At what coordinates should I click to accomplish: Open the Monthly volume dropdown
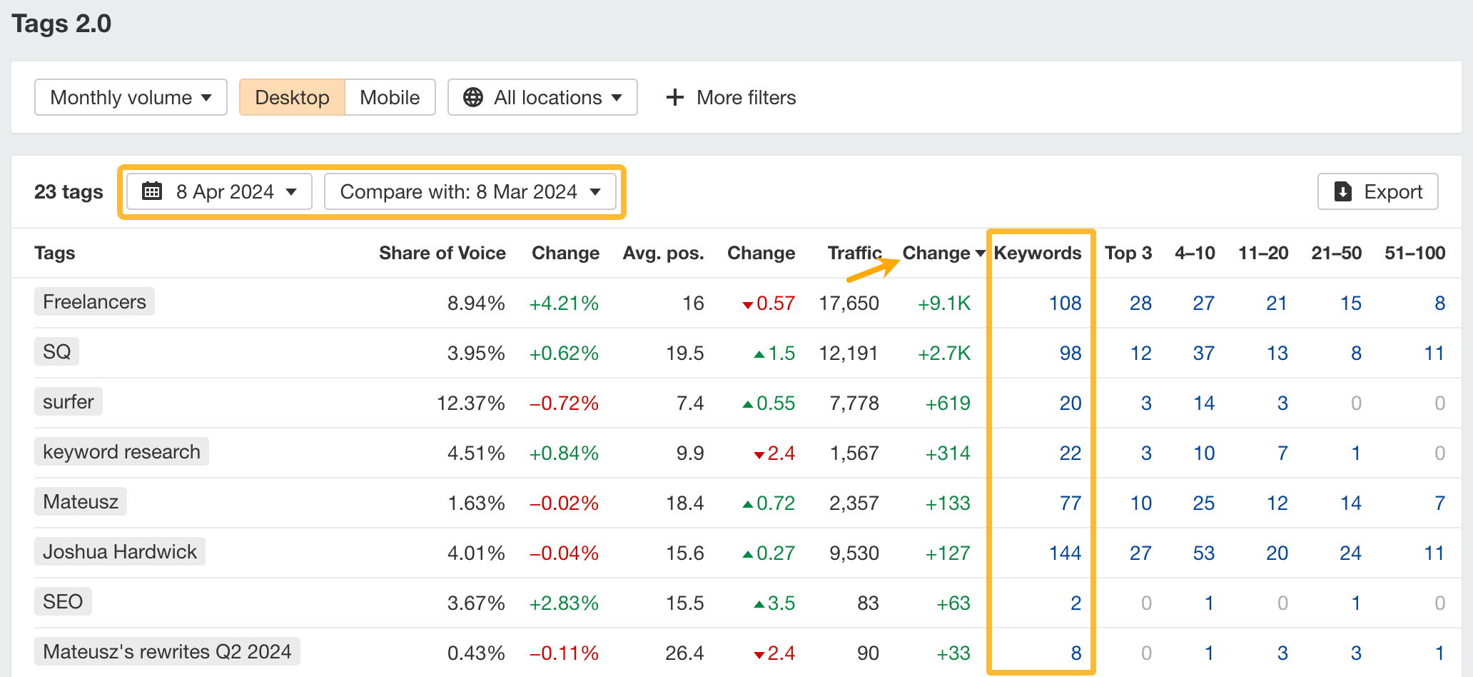click(131, 97)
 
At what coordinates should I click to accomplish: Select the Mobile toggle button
click(390, 97)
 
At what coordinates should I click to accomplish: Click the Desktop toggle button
click(292, 97)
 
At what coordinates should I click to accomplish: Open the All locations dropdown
click(542, 97)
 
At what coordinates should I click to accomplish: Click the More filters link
click(731, 97)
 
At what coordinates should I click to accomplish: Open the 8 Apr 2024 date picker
click(220, 191)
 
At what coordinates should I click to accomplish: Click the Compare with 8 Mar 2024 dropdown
click(470, 191)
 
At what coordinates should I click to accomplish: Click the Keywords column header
click(1037, 253)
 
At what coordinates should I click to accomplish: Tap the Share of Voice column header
click(442, 253)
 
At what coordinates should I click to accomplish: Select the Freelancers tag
click(94, 301)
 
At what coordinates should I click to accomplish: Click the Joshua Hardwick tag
click(120, 551)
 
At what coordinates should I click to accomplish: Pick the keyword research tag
click(121, 451)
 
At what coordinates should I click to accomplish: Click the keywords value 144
click(1065, 553)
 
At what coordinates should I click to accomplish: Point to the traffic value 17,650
click(849, 303)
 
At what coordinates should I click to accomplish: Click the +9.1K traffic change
click(943, 303)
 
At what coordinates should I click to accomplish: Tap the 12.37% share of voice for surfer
click(470, 403)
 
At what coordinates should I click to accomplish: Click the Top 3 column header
click(1128, 253)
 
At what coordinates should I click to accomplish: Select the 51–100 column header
click(1414, 253)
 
